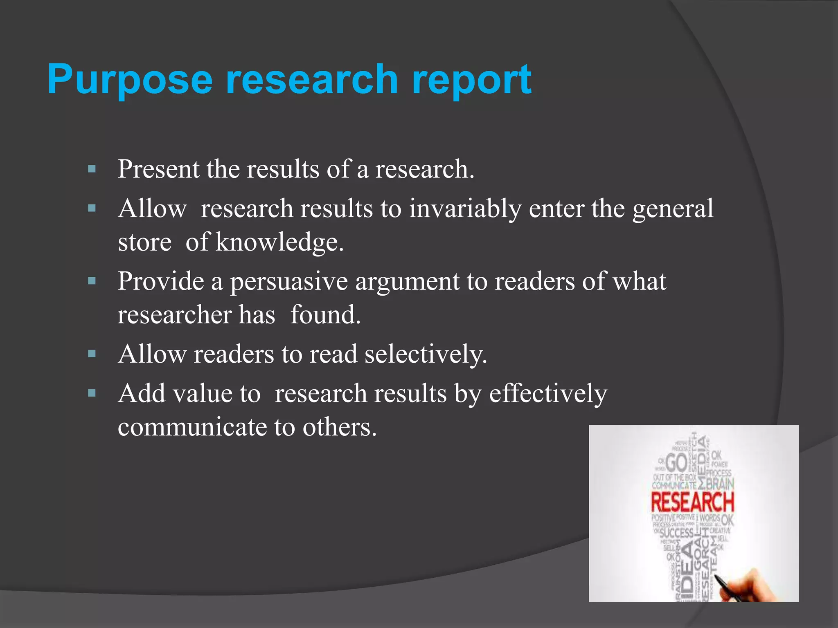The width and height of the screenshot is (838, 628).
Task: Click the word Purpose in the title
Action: (x=130, y=80)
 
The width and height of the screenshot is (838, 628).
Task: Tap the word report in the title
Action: (x=471, y=80)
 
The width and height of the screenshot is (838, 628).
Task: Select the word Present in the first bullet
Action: (x=158, y=169)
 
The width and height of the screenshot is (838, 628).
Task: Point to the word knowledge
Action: (x=279, y=242)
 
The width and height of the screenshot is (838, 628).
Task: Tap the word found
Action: (x=325, y=315)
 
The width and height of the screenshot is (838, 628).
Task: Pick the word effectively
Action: (x=548, y=394)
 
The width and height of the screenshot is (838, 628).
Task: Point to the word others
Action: (x=339, y=427)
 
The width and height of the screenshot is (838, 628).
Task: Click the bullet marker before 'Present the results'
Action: (x=92, y=169)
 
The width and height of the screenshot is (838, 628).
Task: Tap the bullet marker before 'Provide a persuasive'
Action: (x=92, y=281)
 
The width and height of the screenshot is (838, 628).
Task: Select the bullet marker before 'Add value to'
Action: (x=92, y=393)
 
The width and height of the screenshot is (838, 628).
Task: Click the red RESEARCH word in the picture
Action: (x=692, y=502)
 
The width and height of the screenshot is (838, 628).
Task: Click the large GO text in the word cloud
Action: (x=677, y=463)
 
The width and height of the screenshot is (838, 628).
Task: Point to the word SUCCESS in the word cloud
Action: (x=676, y=533)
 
